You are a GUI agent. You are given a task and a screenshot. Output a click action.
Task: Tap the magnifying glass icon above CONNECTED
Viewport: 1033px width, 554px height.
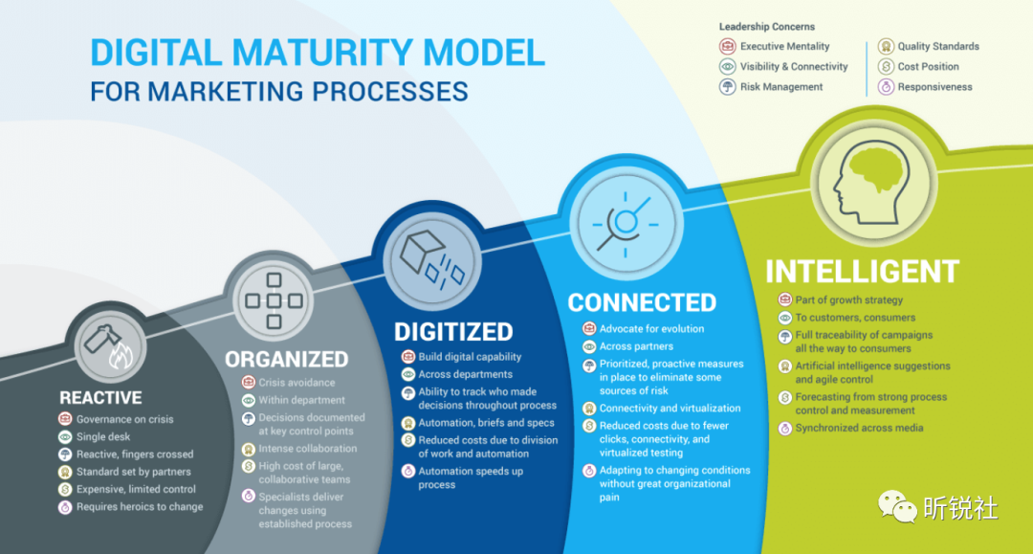(x=624, y=223)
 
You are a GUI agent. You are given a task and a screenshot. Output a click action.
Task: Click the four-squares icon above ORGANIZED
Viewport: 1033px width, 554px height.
(x=274, y=301)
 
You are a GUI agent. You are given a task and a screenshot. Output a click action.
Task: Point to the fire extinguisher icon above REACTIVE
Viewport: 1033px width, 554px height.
(x=110, y=346)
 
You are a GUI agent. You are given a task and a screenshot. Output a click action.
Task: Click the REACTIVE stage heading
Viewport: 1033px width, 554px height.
(x=100, y=398)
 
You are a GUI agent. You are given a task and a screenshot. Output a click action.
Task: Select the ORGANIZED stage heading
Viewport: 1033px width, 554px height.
(x=287, y=360)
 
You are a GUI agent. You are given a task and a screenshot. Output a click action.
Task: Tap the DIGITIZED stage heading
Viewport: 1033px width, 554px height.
(x=453, y=332)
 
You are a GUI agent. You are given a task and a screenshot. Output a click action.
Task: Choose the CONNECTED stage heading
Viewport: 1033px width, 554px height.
(x=643, y=303)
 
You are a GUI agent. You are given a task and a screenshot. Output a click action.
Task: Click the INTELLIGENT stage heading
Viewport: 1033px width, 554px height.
(x=863, y=272)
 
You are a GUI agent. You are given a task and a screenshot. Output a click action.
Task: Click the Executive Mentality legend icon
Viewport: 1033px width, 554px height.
(x=727, y=46)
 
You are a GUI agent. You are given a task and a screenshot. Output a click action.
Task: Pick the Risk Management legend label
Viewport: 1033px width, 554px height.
(x=781, y=87)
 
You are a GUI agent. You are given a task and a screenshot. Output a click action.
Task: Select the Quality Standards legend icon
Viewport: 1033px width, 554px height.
(x=886, y=46)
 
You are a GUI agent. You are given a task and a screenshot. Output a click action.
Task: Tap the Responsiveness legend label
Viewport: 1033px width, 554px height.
(x=934, y=87)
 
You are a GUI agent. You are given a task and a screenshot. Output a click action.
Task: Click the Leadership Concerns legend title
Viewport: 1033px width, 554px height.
(x=767, y=27)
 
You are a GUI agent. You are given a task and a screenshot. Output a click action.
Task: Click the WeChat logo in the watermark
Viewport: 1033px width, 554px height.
(x=896, y=506)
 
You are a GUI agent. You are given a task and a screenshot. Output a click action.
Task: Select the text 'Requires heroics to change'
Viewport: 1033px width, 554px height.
(x=140, y=507)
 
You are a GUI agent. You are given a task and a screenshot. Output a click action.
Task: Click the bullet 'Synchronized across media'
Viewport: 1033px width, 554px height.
(x=859, y=429)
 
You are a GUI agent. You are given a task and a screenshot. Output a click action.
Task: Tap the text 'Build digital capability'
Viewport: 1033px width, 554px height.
(x=470, y=357)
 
